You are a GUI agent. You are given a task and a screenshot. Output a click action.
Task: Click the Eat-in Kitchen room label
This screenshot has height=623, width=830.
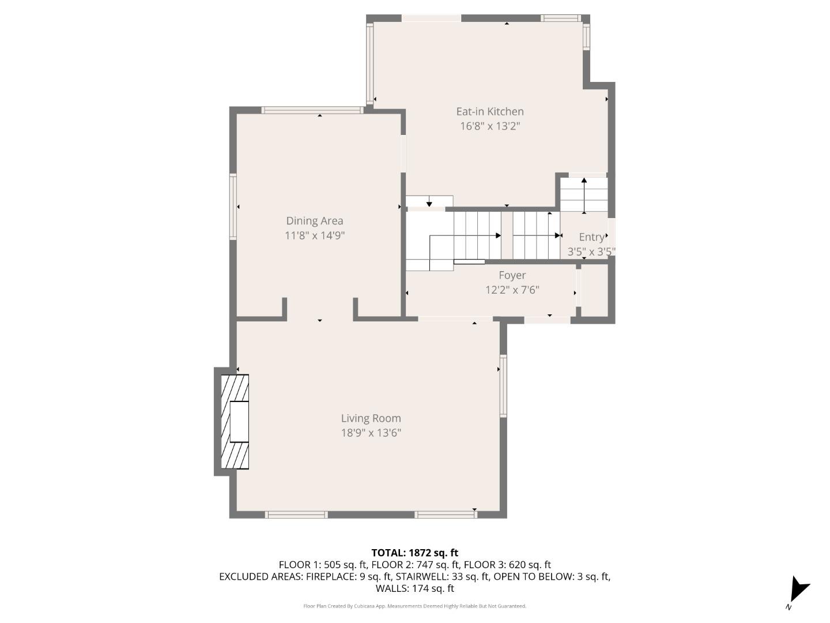[x=490, y=111]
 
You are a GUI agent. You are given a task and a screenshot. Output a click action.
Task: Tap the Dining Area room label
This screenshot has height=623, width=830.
[x=315, y=220]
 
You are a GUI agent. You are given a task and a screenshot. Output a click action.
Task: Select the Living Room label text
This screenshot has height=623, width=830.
[x=371, y=418]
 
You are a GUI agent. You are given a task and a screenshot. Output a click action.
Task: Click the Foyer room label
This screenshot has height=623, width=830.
[x=512, y=275]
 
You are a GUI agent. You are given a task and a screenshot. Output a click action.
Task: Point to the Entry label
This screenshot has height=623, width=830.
[x=591, y=237]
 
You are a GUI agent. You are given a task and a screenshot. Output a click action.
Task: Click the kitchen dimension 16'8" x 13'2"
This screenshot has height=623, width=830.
[x=490, y=126]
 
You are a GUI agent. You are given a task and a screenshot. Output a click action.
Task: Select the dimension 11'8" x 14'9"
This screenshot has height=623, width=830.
[x=315, y=235]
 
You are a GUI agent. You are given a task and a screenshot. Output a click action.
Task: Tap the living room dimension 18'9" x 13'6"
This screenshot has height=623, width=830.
[x=371, y=433]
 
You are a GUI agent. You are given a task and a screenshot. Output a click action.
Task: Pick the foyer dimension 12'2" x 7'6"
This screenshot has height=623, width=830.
[x=512, y=290]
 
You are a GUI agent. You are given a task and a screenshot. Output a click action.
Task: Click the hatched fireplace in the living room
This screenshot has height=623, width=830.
[x=235, y=422]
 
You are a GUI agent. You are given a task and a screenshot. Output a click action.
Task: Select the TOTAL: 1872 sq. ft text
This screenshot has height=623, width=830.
[x=414, y=553]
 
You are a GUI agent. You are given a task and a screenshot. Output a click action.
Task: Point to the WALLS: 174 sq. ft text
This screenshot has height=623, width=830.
[x=414, y=588]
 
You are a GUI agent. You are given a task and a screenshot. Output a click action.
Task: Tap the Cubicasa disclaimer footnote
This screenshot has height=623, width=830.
[x=414, y=606]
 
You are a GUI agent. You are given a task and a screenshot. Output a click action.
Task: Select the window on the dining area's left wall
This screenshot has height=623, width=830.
[x=233, y=207]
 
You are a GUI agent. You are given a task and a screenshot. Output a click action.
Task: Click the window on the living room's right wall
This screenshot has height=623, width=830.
[x=503, y=385]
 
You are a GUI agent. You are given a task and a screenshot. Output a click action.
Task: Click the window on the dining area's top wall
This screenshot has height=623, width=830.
[x=311, y=110]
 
